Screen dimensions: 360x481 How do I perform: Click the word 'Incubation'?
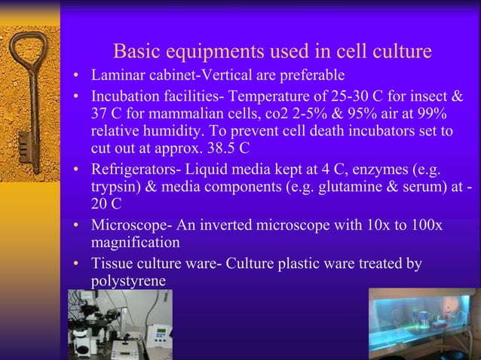124,96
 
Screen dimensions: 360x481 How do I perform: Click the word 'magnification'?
135,243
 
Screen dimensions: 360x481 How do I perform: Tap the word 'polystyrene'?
128,280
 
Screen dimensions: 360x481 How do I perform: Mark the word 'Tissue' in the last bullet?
111,263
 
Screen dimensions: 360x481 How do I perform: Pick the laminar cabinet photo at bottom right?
422,324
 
